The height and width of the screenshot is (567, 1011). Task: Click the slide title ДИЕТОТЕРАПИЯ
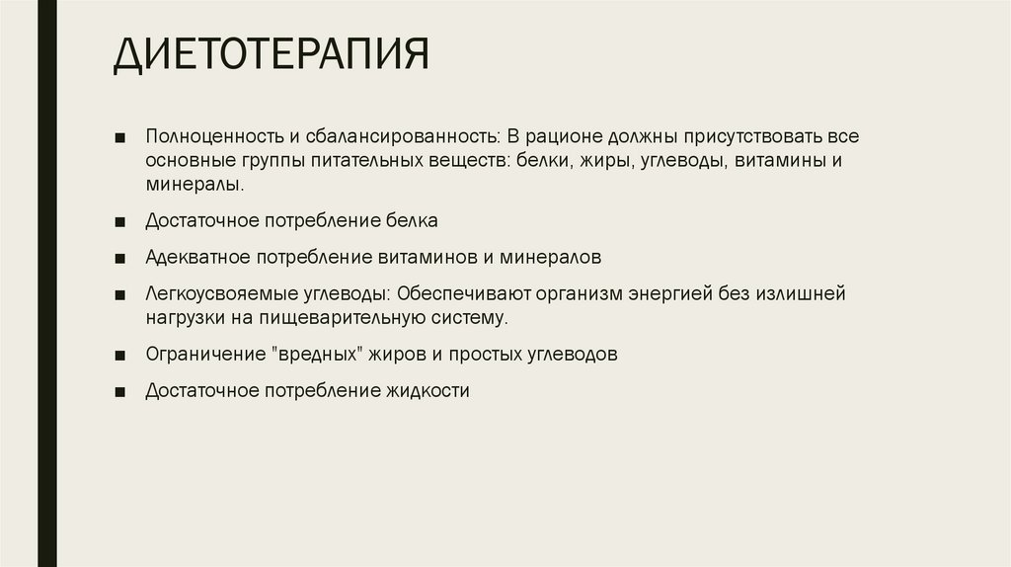[x=271, y=55]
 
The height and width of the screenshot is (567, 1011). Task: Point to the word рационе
[x=566, y=135]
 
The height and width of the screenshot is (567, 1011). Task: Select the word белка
[x=414, y=220]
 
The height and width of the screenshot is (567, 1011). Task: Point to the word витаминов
[x=427, y=257]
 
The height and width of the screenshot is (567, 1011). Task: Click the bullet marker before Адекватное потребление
[x=119, y=258]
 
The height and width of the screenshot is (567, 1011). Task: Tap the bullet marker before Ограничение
[x=119, y=355]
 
